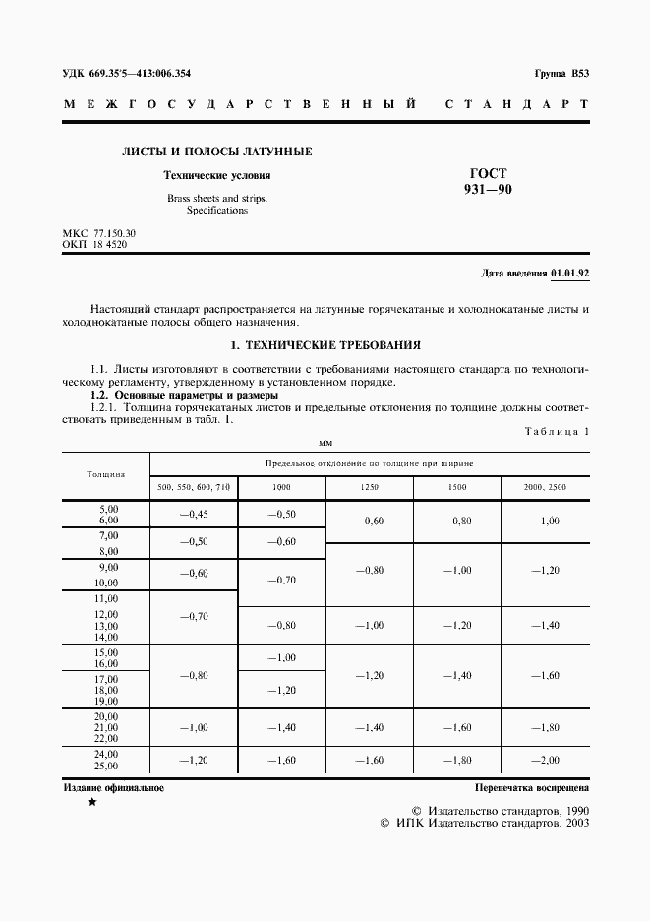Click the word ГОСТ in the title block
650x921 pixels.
click(488, 172)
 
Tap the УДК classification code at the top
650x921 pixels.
click(127, 74)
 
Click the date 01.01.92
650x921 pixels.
click(570, 272)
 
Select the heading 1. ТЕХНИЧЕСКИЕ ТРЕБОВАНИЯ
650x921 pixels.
click(325, 345)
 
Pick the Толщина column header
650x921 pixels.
click(105, 474)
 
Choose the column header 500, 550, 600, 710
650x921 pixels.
click(194, 487)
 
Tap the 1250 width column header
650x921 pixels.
click(369, 487)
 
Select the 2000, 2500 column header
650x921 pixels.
click(545, 487)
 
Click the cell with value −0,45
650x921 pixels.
click(193, 514)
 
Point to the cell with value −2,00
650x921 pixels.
click(545, 760)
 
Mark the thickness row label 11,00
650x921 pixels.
click(105, 598)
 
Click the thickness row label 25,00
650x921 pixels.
click(105, 766)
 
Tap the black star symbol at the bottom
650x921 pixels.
click(92, 804)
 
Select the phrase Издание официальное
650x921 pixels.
click(114, 788)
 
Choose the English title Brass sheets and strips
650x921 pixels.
click(216, 198)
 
